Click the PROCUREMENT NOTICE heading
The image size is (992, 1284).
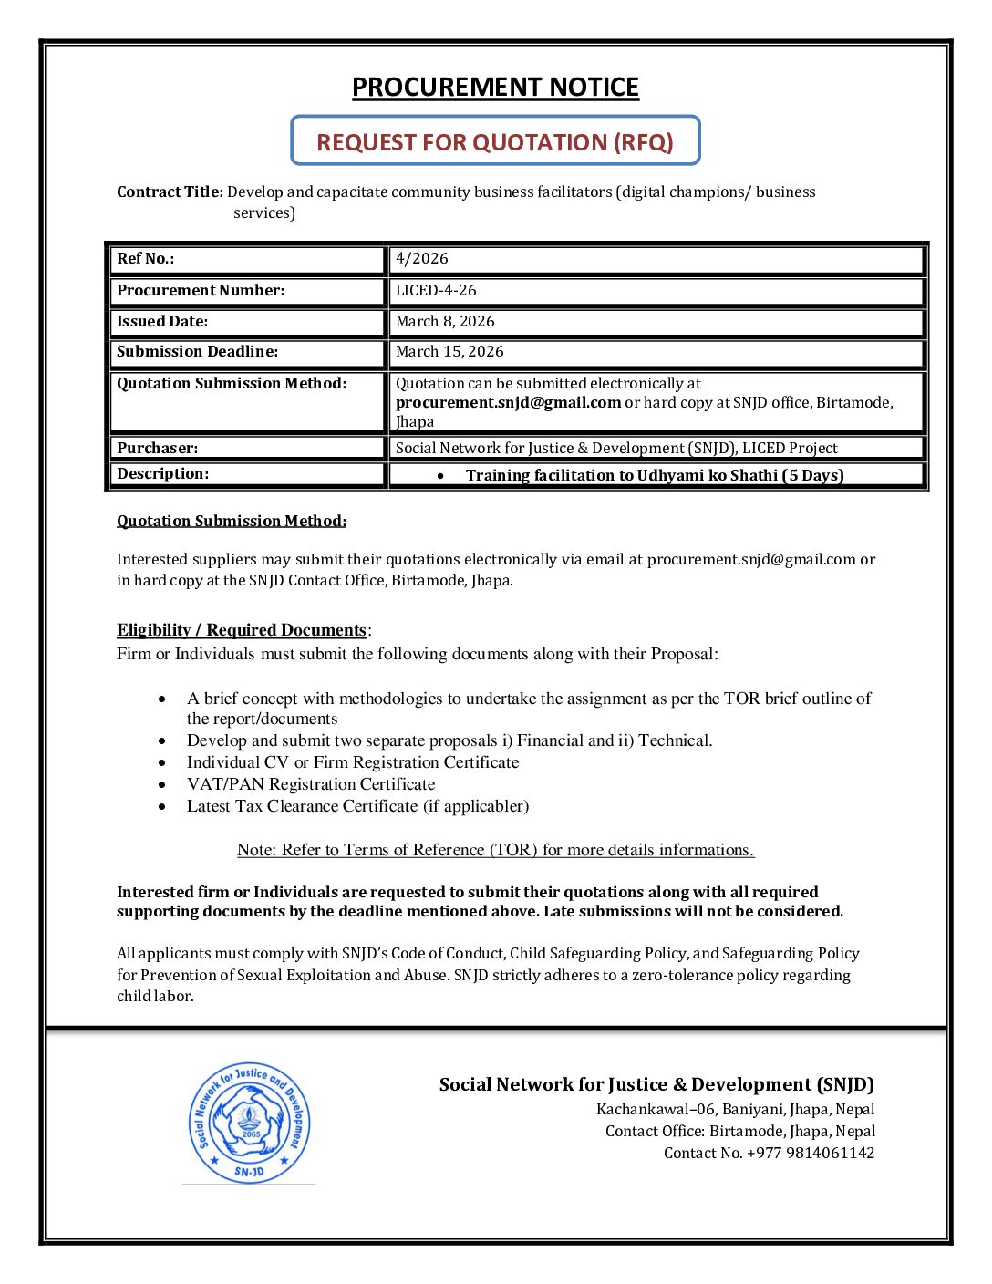(495, 88)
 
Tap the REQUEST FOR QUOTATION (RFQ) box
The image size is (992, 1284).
(495, 141)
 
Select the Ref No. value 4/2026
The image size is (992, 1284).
(422, 259)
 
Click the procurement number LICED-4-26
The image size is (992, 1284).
(436, 291)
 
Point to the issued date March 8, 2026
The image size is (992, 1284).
(445, 322)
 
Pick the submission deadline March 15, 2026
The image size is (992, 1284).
(449, 352)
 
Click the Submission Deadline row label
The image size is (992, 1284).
(198, 352)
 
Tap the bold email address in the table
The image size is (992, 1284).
(508, 403)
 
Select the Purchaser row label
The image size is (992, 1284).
(157, 449)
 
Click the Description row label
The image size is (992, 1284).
(162, 474)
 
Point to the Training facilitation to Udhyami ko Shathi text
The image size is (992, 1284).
(654, 475)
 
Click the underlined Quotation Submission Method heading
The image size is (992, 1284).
(232, 522)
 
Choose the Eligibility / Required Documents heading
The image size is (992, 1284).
(242, 630)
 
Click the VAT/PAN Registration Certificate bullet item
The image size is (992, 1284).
(311, 784)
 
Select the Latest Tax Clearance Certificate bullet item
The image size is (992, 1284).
(357, 806)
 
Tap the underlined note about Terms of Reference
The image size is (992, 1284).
(495, 850)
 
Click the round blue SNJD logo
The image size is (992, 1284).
(249, 1123)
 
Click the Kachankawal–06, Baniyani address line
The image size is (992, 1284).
(735, 1110)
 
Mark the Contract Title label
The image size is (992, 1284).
(170, 192)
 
